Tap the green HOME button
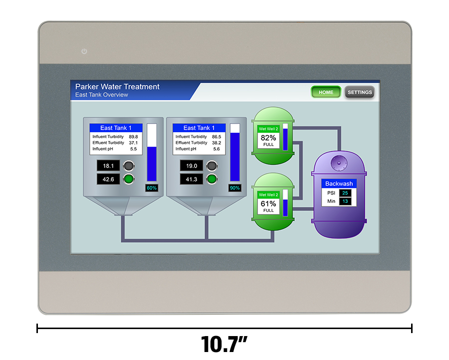pyautogui.click(x=326, y=92)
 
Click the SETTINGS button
pyautogui.click(x=360, y=92)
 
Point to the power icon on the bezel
pyautogui.click(x=84, y=51)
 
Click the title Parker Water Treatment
pyautogui.click(x=117, y=87)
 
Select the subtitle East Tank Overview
pyautogui.click(x=102, y=95)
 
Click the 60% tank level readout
pyautogui.click(x=152, y=188)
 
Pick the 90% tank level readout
pyautogui.click(x=234, y=188)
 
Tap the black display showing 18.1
pyautogui.click(x=108, y=166)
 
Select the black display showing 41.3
pyautogui.click(x=192, y=179)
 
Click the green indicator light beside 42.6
pyautogui.click(x=129, y=179)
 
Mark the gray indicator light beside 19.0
pyautogui.click(x=212, y=166)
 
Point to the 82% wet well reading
pyautogui.click(x=268, y=138)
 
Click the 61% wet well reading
pyautogui.click(x=268, y=203)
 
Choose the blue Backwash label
pyautogui.click(x=339, y=183)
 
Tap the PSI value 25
pyautogui.click(x=345, y=193)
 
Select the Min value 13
pyautogui.click(x=345, y=201)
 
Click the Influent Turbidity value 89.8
pyautogui.click(x=133, y=137)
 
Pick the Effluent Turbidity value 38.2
pyautogui.click(x=217, y=143)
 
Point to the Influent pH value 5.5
pyautogui.click(x=133, y=149)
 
